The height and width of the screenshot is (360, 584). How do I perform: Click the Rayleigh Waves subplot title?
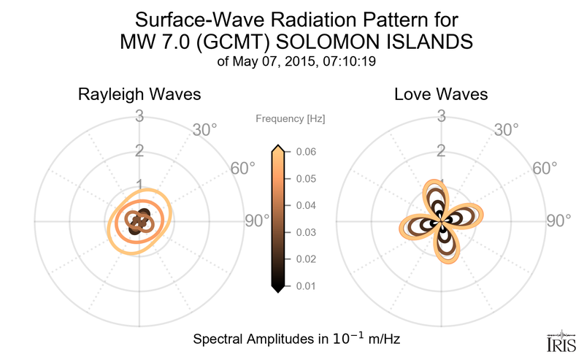(140, 95)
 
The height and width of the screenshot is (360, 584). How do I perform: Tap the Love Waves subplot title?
(441, 95)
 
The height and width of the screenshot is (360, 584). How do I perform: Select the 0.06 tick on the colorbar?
(306, 152)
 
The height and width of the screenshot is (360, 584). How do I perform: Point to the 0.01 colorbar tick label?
(306, 286)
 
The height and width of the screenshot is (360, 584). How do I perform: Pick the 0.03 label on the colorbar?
(306, 232)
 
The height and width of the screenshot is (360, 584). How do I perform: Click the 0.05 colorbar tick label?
(306, 179)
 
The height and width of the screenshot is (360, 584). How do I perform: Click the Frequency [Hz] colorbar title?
(290, 118)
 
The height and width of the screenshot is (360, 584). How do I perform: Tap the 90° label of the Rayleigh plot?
(256, 221)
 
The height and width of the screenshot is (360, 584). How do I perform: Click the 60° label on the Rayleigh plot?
(243, 169)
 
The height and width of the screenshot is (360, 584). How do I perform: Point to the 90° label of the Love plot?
(558, 221)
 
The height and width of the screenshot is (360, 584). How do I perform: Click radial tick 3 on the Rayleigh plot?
(139, 116)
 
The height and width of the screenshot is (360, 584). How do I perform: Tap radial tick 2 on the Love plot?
(441, 151)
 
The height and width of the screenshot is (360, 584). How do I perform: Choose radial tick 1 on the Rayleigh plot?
(139, 185)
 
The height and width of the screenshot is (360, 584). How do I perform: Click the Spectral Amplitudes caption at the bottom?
(296, 340)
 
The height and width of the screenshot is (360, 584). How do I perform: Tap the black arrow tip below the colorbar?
(277, 290)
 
